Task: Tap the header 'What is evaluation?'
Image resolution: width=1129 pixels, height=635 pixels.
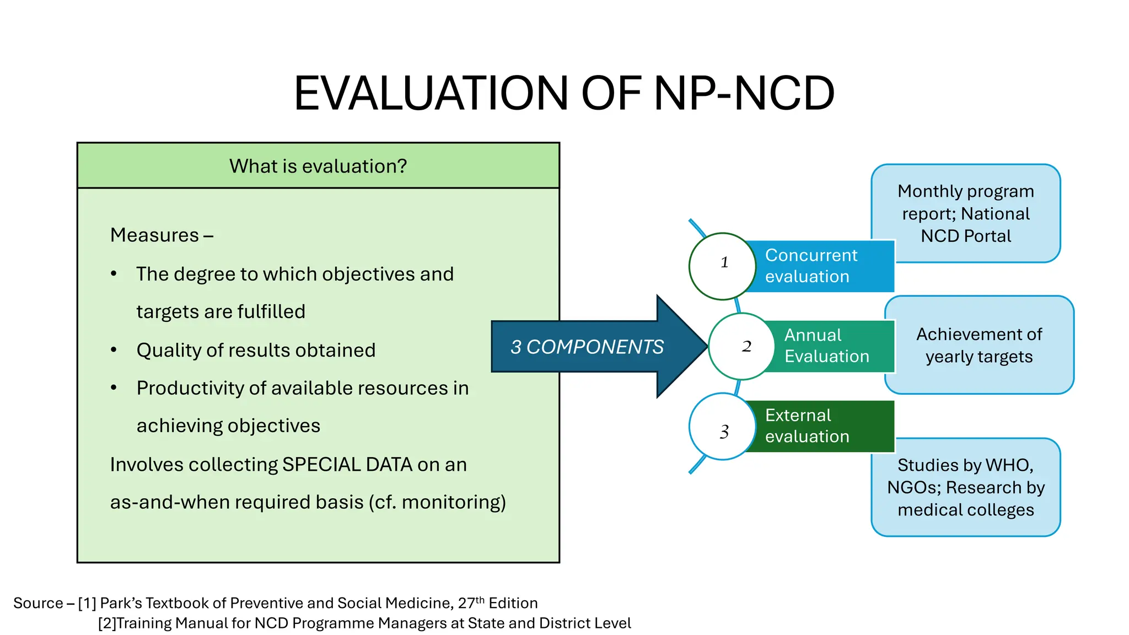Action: (x=318, y=166)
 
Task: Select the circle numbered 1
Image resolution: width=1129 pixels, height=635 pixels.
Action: (x=722, y=266)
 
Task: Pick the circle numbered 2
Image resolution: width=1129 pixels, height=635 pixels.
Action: (x=741, y=346)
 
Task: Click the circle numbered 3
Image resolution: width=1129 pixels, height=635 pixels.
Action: (x=722, y=427)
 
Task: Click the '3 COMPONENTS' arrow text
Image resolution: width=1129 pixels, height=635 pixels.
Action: (x=587, y=347)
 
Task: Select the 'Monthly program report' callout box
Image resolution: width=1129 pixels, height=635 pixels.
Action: (x=965, y=213)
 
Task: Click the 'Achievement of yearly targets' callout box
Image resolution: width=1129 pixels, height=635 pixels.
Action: (x=979, y=346)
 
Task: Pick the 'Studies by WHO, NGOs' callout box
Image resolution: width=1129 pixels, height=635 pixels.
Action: (x=965, y=487)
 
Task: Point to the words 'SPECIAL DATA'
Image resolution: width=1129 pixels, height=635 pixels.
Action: (x=347, y=465)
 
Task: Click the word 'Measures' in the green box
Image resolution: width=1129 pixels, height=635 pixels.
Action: (x=154, y=235)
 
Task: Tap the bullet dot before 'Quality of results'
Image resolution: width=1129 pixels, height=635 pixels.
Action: (x=114, y=350)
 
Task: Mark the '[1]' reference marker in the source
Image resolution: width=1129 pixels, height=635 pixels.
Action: (x=87, y=604)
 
